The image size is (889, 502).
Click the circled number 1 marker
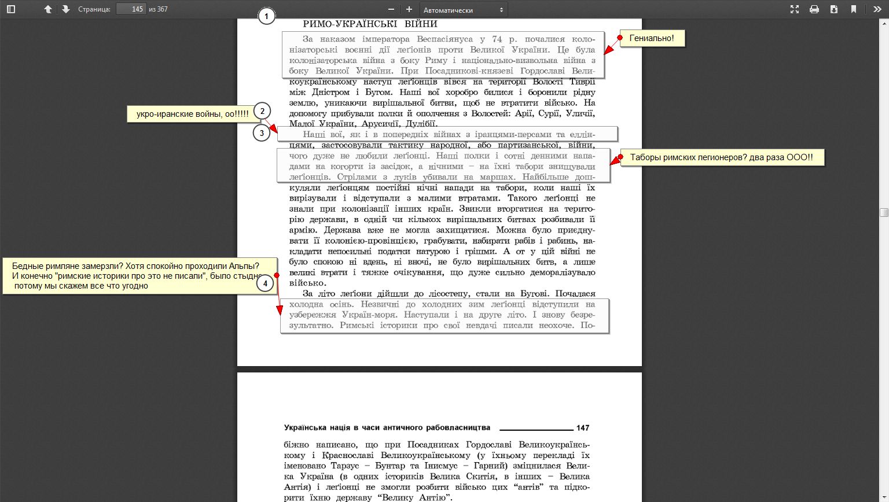(266, 17)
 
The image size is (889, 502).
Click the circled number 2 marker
(262, 111)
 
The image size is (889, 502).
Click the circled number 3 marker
(262, 133)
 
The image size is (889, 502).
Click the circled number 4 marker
(265, 283)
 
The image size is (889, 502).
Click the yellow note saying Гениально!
(652, 38)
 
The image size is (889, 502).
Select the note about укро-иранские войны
(192, 114)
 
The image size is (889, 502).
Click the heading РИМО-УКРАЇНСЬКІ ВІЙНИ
(370, 24)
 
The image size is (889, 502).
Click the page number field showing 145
(131, 9)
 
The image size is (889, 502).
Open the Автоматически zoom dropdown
(463, 10)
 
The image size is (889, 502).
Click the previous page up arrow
(48, 9)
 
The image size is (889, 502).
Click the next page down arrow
(65, 9)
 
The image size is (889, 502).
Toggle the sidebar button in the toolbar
(11, 9)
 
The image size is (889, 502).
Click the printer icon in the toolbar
(814, 9)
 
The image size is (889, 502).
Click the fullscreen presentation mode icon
(795, 9)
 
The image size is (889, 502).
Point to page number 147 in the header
(583, 428)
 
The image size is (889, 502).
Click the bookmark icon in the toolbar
(854, 9)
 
